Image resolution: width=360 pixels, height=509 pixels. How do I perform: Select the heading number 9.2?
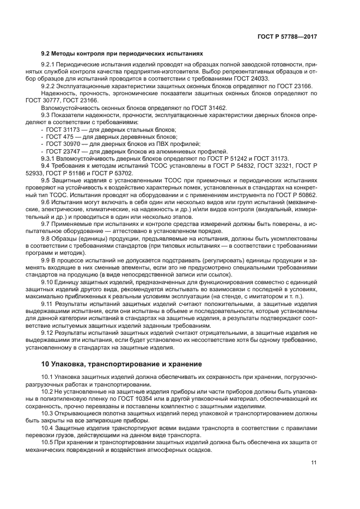point(46,54)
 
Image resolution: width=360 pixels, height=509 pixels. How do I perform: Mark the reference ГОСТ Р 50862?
point(296,194)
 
